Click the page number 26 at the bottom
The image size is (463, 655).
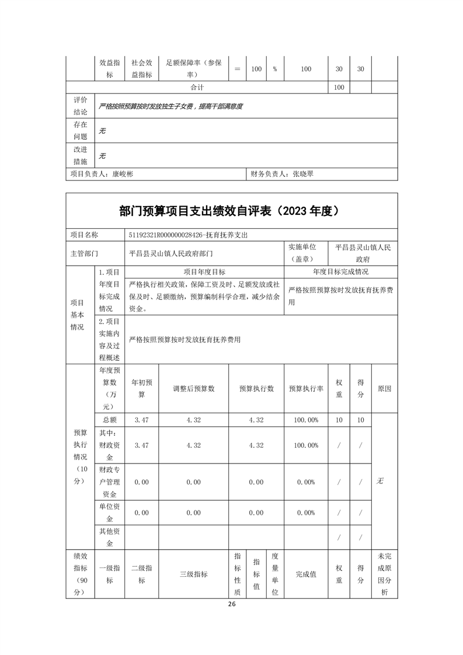(232, 604)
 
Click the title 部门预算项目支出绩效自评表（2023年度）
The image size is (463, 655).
(232, 211)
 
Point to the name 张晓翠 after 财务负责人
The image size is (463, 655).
(302, 173)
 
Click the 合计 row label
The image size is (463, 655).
(198, 88)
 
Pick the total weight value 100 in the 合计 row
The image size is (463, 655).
(339, 88)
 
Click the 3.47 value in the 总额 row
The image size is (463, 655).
(141, 420)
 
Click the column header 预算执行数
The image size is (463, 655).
(256, 388)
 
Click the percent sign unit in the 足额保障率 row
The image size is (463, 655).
(274, 69)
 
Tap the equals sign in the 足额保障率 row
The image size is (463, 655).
(237, 69)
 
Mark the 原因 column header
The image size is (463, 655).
(384, 388)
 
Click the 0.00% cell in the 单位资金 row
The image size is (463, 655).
(306, 513)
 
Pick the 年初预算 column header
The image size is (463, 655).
(141, 388)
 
